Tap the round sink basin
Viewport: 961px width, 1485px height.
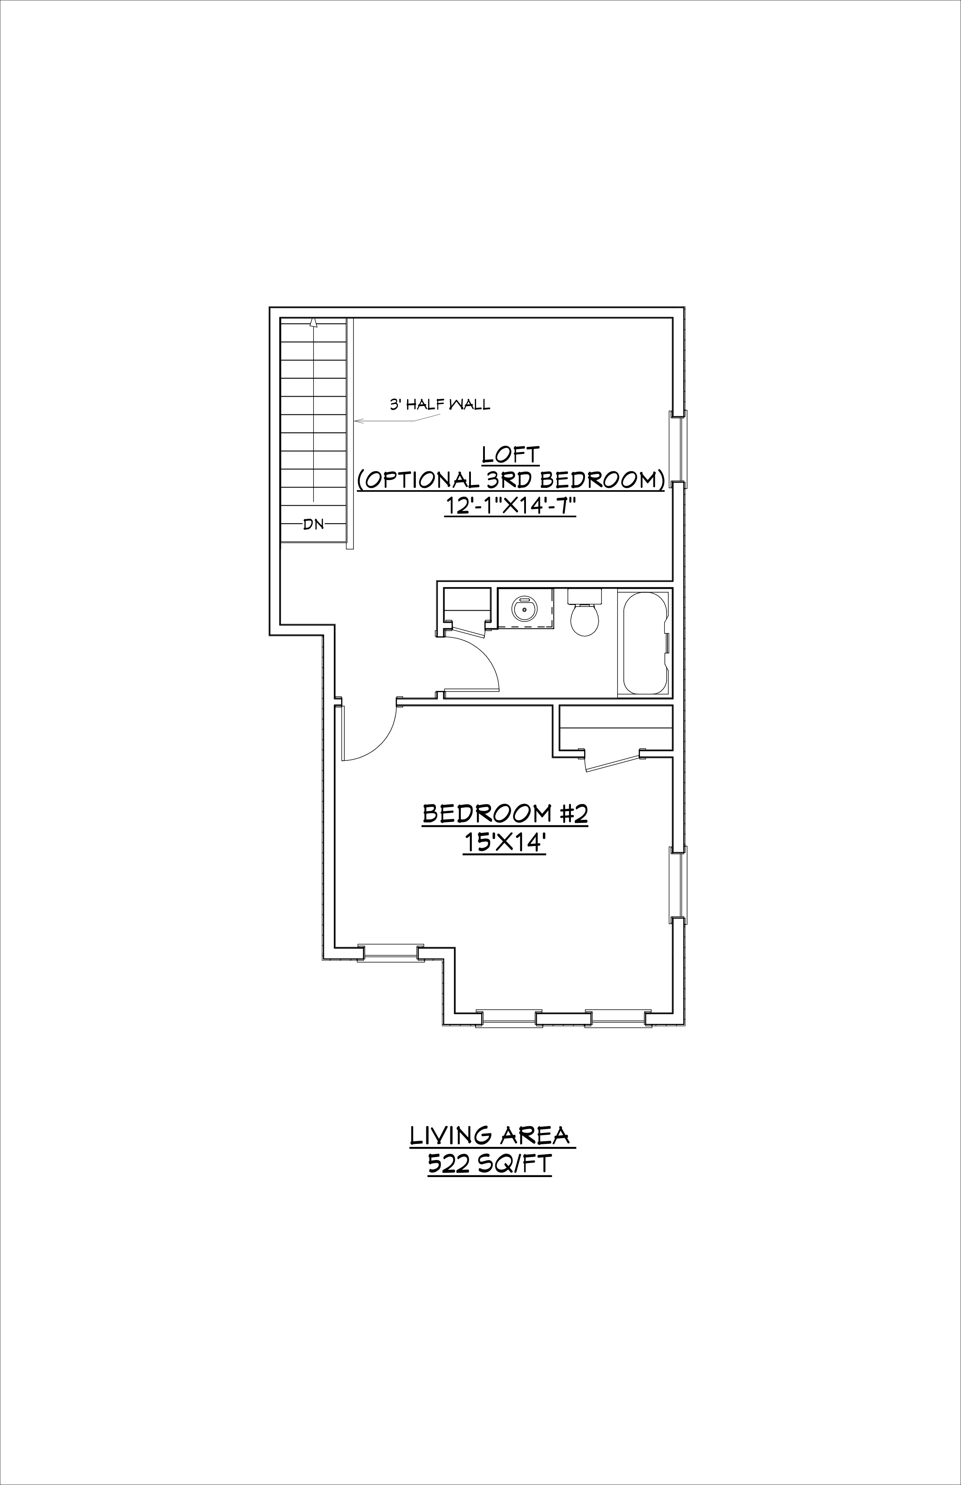524,608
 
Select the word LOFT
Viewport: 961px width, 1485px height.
511,454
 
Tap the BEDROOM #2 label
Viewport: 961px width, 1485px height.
505,814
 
